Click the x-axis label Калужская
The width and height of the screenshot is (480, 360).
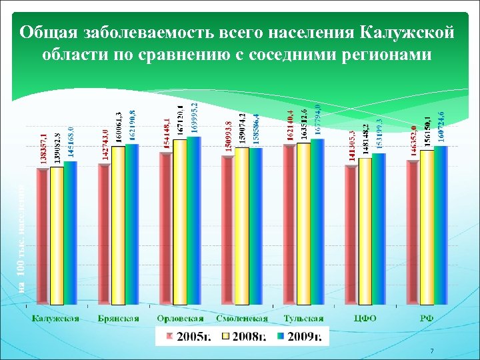point(57,318)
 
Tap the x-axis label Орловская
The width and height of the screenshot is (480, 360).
point(180,318)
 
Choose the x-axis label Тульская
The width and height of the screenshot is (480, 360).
point(303,318)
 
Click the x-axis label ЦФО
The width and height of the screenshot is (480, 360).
point(365,318)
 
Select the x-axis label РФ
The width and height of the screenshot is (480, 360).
point(427,318)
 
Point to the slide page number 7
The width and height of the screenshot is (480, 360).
point(432,351)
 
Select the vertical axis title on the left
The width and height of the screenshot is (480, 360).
point(21,240)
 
